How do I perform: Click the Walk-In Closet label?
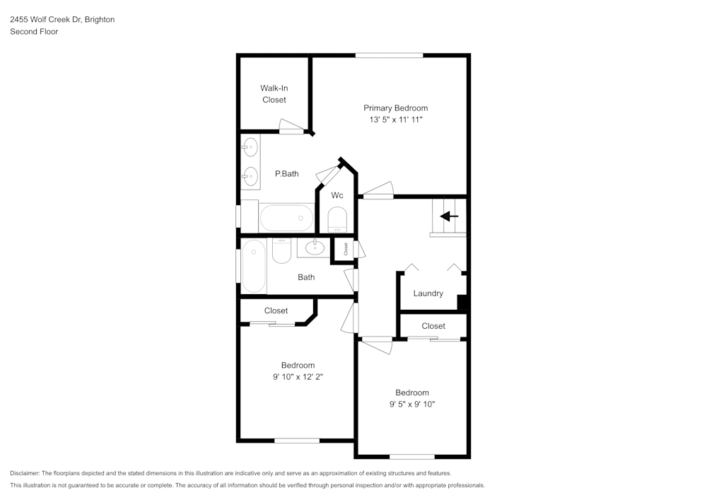(x=274, y=94)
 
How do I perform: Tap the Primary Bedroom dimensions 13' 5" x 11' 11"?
(x=395, y=120)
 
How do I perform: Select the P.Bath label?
(x=286, y=174)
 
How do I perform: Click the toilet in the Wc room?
(x=338, y=219)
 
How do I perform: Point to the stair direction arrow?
(x=449, y=216)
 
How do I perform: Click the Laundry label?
(x=428, y=293)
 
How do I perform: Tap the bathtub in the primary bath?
(x=286, y=217)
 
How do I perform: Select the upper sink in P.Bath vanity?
(x=250, y=149)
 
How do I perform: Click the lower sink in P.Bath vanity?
(x=250, y=175)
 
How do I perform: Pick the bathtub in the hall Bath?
(x=253, y=266)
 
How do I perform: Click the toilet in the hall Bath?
(x=281, y=251)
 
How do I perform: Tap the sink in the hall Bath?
(x=314, y=248)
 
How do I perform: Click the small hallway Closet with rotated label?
(x=345, y=249)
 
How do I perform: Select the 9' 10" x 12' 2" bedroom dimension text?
(x=298, y=377)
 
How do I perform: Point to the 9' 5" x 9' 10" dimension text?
(x=411, y=405)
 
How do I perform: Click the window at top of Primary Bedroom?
(x=389, y=55)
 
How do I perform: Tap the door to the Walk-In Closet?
(x=291, y=129)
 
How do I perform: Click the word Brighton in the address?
(x=100, y=20)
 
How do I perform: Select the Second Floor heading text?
(x=34, y=32)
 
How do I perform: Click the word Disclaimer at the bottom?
(x=25, y=473)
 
